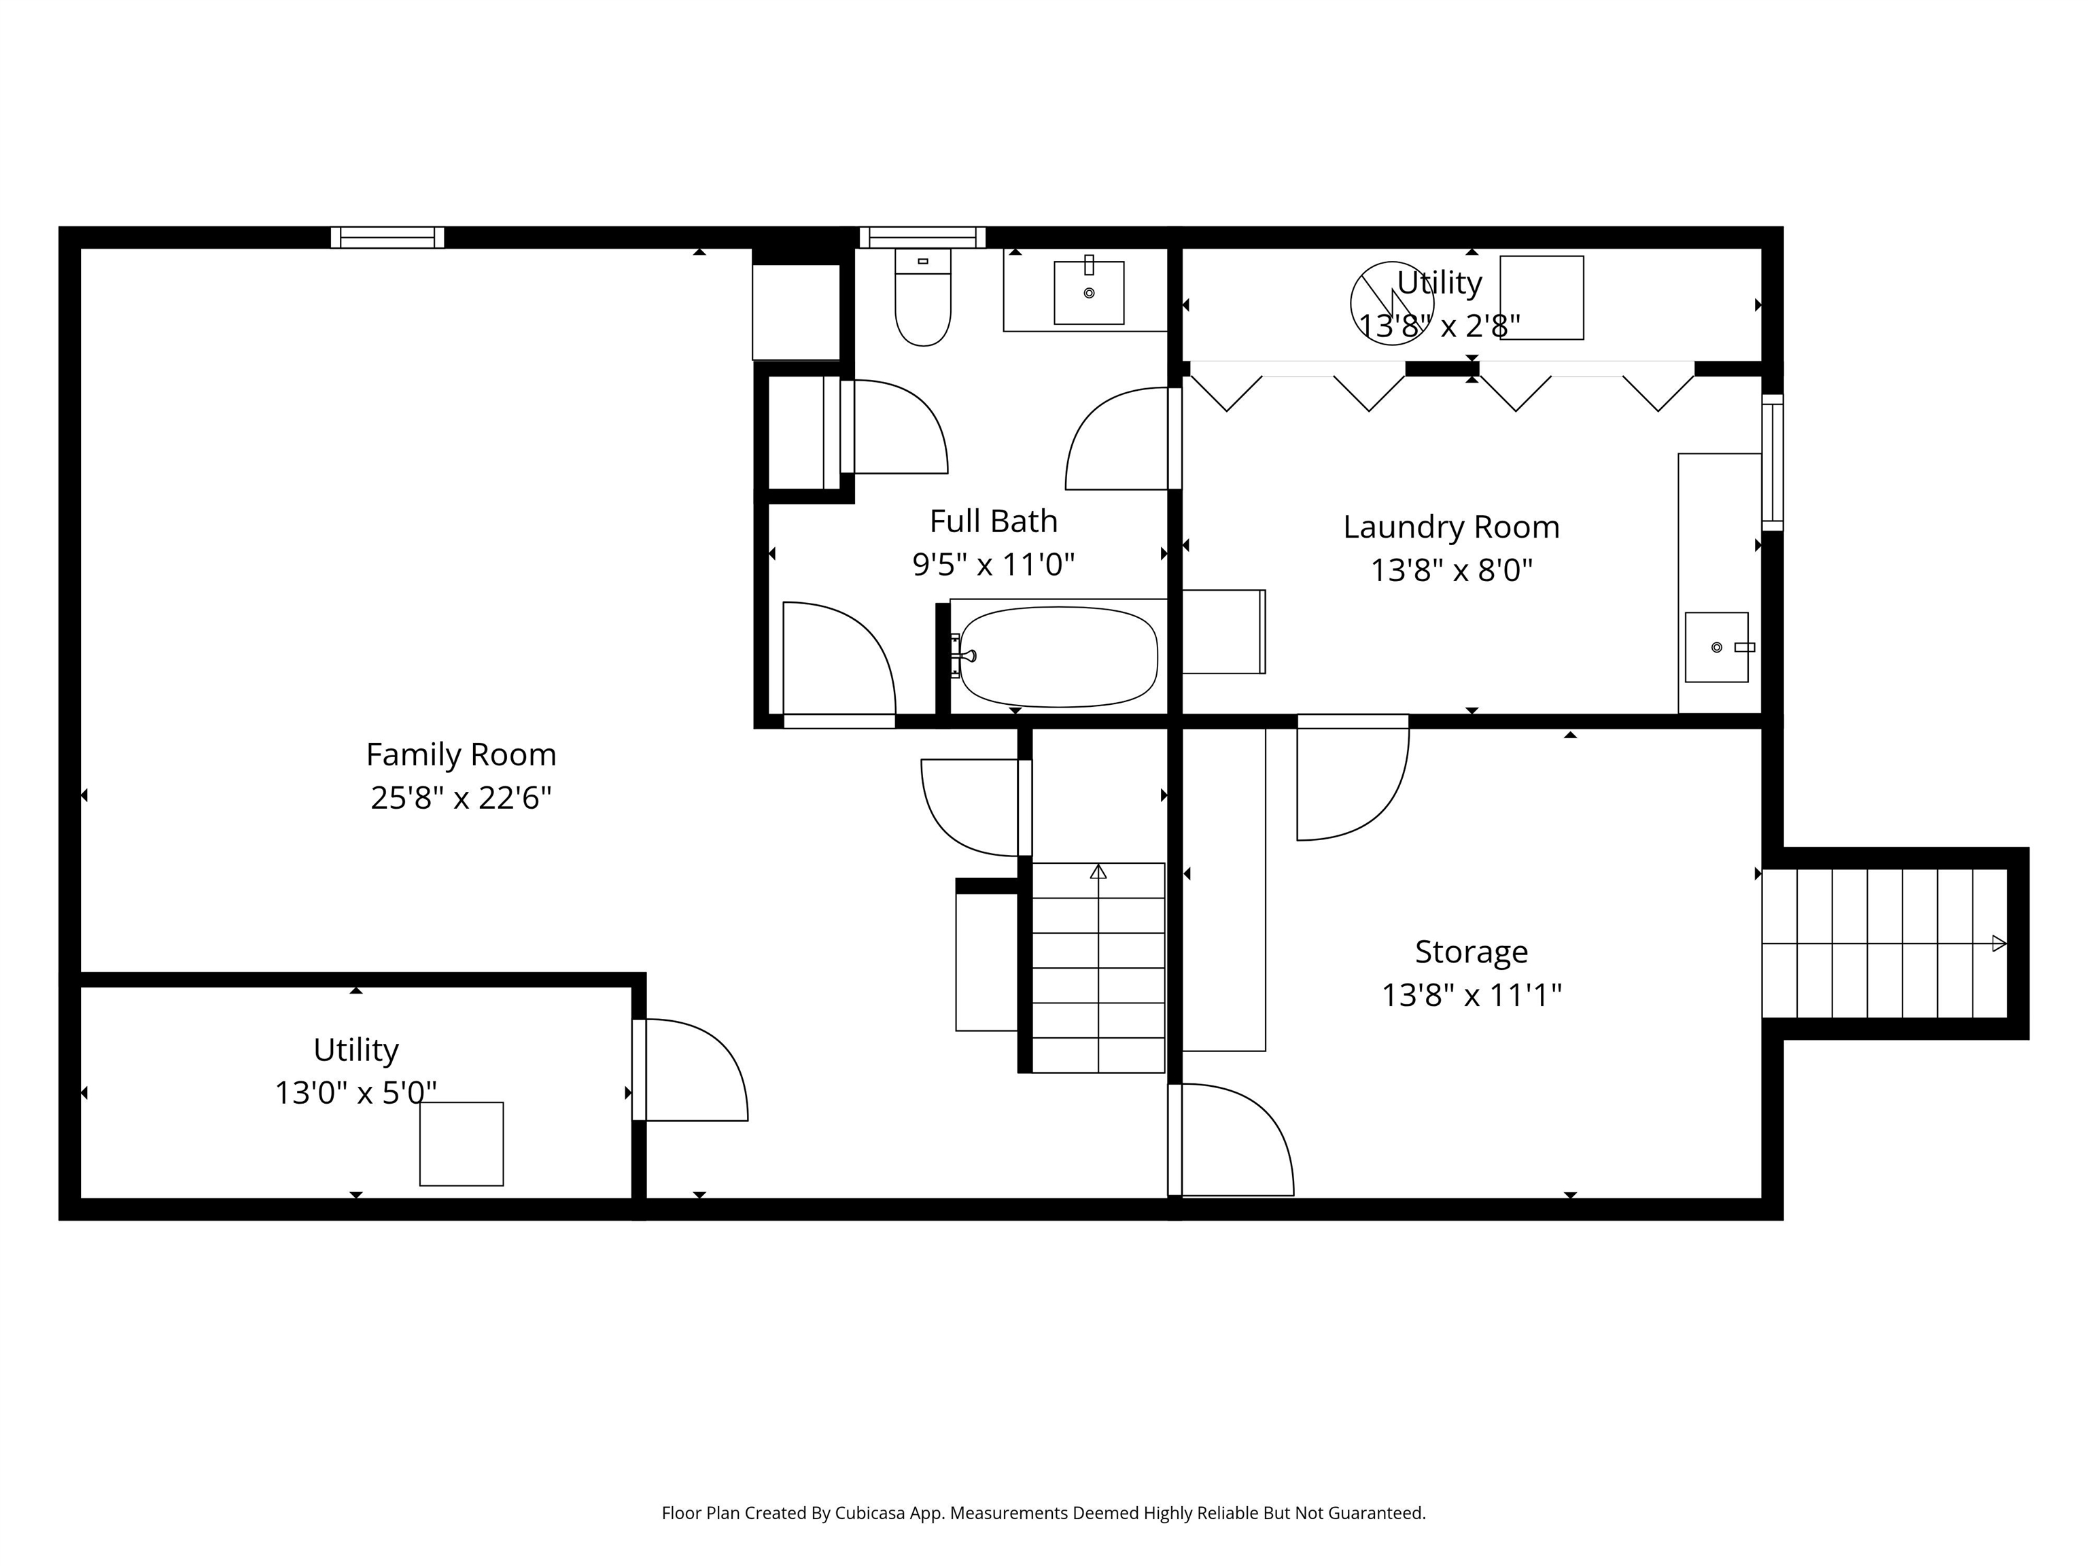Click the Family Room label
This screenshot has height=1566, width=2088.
pyautogui.click(x=461, y=754)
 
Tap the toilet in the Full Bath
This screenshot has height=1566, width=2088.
pyautogui.click(x=922, y=300)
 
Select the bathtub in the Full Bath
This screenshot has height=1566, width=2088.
pyautogui.click(x=1058, y=656)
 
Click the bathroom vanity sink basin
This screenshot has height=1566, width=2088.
pyautogui.click(x=1088, y=293)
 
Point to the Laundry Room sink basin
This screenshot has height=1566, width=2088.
pyautogui.click(x=1716, y=648)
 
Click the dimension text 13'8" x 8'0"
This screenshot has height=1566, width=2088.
pyautogui.click(x=1451, y=570)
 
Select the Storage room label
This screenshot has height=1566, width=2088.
pyautogui.click(x=1471, y=952)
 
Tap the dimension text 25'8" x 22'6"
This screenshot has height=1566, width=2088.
pyautogui.click(x=461, y=799)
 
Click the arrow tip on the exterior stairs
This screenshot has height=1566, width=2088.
pyautogui.click(x=1998, y=943)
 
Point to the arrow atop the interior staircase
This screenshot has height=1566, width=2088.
pyautogui.click(x=1098, y=871)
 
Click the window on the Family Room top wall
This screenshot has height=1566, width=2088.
pyautogui.click(x=387, y=237)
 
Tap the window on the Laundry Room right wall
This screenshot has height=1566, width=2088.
pyautogui.click(x=1772, y=463)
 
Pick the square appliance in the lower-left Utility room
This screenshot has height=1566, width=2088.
pyautogui.click(x=462, y=1144)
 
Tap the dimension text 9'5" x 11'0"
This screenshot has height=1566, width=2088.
pyautogui.click(x=993, y=564)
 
